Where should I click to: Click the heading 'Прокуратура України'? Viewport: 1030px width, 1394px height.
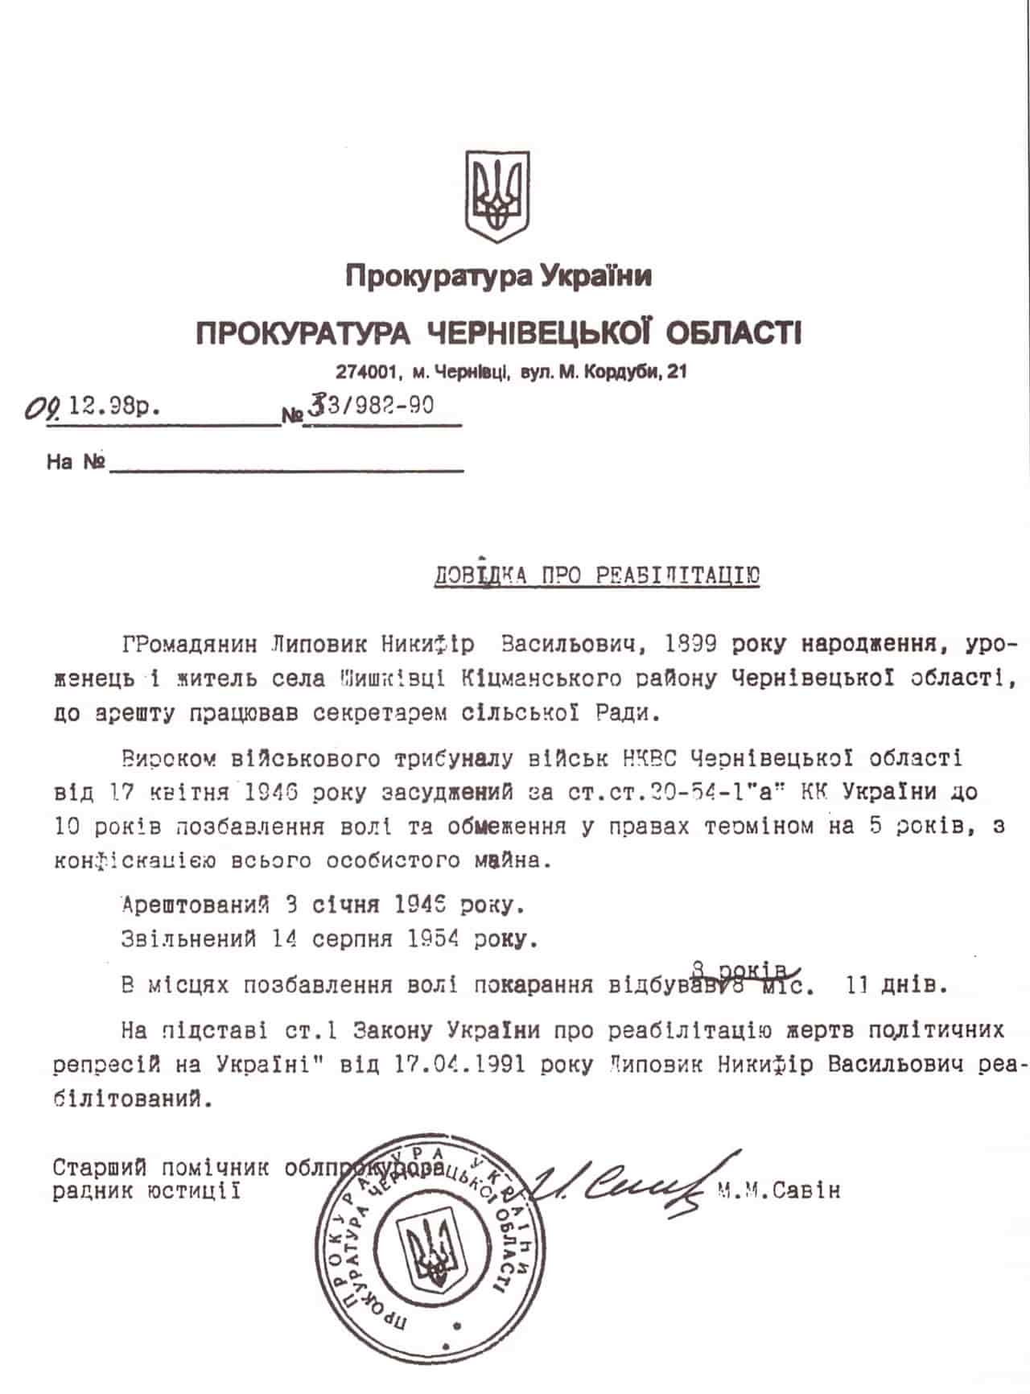[x=498, y=276]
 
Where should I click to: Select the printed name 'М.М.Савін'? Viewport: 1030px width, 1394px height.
[x=777, y=1190]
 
